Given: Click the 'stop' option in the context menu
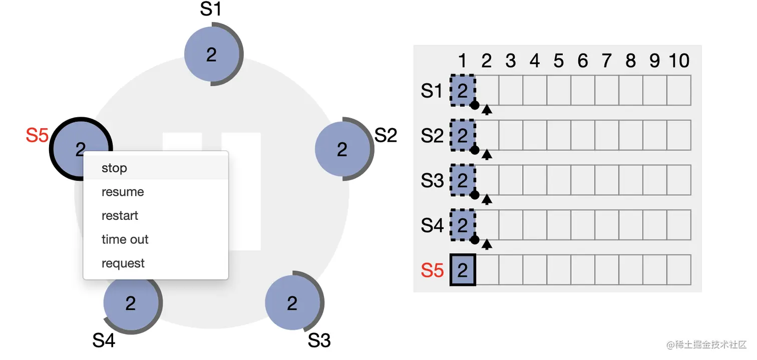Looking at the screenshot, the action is pos(114,168).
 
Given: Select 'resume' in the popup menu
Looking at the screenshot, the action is pos(123,192).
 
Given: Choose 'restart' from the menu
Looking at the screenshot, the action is pos(120,216).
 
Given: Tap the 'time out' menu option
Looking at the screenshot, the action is pos(125,239).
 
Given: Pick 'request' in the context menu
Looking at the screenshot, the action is pos(123,263).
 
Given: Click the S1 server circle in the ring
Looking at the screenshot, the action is pos(212,55).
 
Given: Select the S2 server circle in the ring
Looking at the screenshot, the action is pos(342,149).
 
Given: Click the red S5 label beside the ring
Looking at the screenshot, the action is pos(37,136).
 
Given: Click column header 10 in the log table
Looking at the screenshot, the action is pos(679,61).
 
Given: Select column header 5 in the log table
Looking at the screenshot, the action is pos(559,61).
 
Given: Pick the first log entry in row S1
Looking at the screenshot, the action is pos(463,91).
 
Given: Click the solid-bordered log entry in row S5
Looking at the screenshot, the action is pos(463,270).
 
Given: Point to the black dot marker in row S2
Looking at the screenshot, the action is pos(475,150).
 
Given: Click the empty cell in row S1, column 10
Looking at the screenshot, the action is pos(679,91).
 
